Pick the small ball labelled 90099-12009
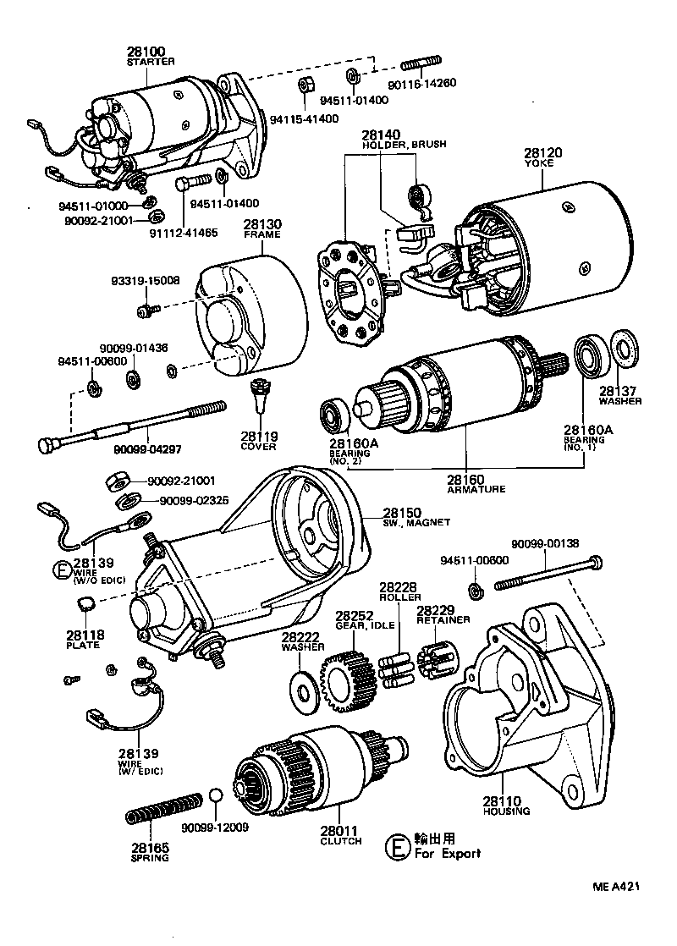(x=216, y=796)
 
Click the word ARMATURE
(x=476, y=489)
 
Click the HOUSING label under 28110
(x=506, y=811)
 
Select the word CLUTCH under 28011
(x=341, y=841)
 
